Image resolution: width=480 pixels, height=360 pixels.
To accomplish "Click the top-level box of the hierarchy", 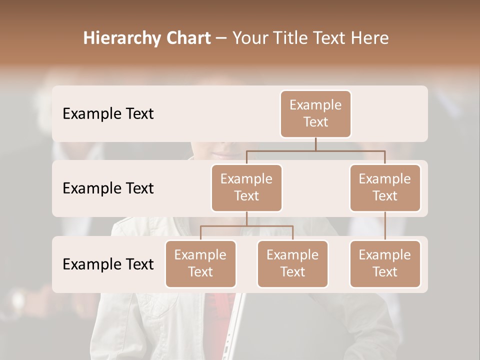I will [x=315, y=113].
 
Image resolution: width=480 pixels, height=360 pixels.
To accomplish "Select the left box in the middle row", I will [x=246, y=187].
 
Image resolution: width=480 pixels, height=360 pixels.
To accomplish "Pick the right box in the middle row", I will [x=385, y=187].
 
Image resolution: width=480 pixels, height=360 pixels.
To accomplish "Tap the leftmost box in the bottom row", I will [x=200, y=263].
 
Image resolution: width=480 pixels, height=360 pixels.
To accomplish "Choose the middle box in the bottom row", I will [x=292, y=263].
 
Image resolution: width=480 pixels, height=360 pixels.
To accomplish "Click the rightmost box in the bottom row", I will [x=385, y=263].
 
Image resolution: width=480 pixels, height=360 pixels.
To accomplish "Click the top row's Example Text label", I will [x=108, y=113].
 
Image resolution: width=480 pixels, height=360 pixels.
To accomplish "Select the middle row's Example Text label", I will [x=108, y=188].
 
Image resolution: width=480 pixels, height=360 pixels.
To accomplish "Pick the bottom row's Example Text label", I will [x=108, y=264].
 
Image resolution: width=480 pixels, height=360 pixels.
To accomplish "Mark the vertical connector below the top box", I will [x=315, y=144].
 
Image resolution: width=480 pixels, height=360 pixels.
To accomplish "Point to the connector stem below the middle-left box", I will [x=246, y=218].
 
